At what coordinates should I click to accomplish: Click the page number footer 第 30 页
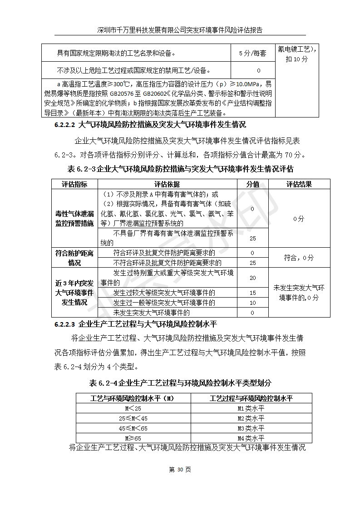[x=180, y=470]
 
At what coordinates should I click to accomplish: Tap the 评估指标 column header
[x=74, y=184]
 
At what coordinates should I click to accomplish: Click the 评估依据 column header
[x=167, y=184]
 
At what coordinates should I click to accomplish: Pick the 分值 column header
[x=252, y=184]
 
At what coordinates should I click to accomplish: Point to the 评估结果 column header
[x=299, y=184]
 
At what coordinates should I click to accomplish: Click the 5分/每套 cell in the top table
[x=252, y=54]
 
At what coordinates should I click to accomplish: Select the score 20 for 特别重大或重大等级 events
[x=252, y=278]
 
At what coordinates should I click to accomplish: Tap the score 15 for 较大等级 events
[x=252, y=293]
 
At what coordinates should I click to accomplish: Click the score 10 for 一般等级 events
[x=252, y=303]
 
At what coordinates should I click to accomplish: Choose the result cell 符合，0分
[x=299, y=258]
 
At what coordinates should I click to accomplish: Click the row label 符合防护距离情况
[x=74, y=258]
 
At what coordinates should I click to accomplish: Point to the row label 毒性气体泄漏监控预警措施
[x=74, y=218]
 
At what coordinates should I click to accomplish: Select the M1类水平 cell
[x=251, y=408]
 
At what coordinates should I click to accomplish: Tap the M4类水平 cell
[x=251, y=438]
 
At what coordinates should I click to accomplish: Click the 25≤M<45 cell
[x=133, y=418]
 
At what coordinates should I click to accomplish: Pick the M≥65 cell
[x=133, y=438]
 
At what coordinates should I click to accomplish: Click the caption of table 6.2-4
[x=180, y=382]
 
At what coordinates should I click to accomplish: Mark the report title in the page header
[x=180, y=30]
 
